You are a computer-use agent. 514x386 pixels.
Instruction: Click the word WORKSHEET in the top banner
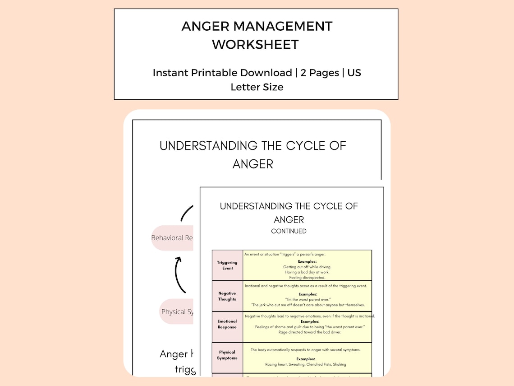pos(255,44)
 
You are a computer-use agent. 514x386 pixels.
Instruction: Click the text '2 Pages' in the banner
pos(320,72)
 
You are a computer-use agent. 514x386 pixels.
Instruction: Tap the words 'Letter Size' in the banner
pos(257,87)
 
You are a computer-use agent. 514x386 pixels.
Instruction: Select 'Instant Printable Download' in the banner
pos(222,72)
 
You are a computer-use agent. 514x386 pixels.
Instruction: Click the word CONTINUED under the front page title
pos(289,231)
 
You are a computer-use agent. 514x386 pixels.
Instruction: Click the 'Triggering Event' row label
pos(227,265)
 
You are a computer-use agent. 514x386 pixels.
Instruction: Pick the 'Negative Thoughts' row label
pos(227,296)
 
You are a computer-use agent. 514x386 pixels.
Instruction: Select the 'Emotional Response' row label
pos(227,324)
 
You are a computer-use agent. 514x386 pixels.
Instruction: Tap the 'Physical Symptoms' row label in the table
pos(227,355)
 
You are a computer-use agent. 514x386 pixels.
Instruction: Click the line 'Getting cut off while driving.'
pos(307,267)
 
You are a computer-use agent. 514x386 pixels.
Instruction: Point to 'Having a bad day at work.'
pos(307,272)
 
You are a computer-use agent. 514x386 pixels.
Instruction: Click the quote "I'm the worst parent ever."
pos(307,299)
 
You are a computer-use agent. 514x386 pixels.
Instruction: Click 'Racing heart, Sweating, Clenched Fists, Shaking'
pos(306,364)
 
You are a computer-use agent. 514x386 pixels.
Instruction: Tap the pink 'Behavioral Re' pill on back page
pos(172,238)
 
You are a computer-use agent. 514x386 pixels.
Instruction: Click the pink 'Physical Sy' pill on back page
pos(176,312)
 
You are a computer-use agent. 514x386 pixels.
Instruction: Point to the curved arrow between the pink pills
pos(179,274)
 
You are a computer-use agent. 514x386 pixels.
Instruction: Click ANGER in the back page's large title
pos(252,164)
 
